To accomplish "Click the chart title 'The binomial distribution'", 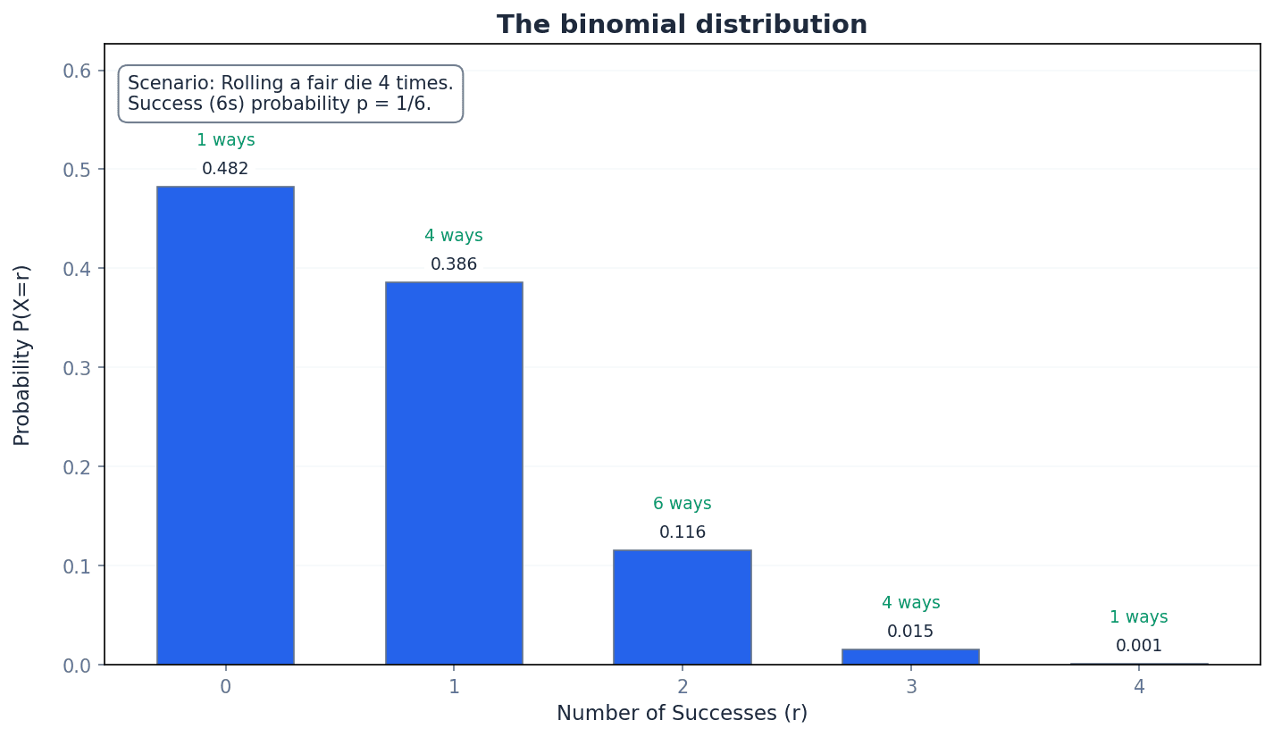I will tap(682, 24).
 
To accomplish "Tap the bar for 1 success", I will tap(454, 473).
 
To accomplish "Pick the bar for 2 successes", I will tap(682, 607).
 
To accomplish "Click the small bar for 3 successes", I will tap(910, 657).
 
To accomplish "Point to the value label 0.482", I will tap(225, 169).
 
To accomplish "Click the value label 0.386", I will tap(454, 264).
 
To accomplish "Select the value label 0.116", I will tap(682, 532).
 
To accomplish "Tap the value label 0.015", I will tap(910, 632).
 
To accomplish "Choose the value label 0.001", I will tap(1138, 646).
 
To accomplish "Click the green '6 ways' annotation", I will tap(682, 504).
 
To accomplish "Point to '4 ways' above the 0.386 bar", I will tap(454, 236).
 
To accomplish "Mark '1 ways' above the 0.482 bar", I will tap(225, 140).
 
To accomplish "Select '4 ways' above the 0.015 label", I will tap(910, 603).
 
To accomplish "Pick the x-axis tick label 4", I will tap(1138, 687).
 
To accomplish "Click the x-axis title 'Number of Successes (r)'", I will tap(682, 713).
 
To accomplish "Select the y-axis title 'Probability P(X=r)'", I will tap(22, 355).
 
